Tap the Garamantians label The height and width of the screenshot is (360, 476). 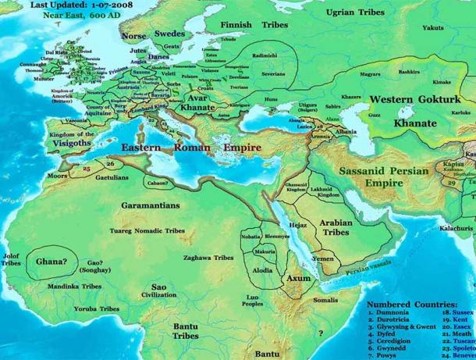[x=151, y=205]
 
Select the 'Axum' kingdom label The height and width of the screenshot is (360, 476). [x=298, y=278]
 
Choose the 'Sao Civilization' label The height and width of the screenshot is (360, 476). [x=158, y=290]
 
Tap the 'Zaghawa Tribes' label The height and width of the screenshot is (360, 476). [x=204, y=257]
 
